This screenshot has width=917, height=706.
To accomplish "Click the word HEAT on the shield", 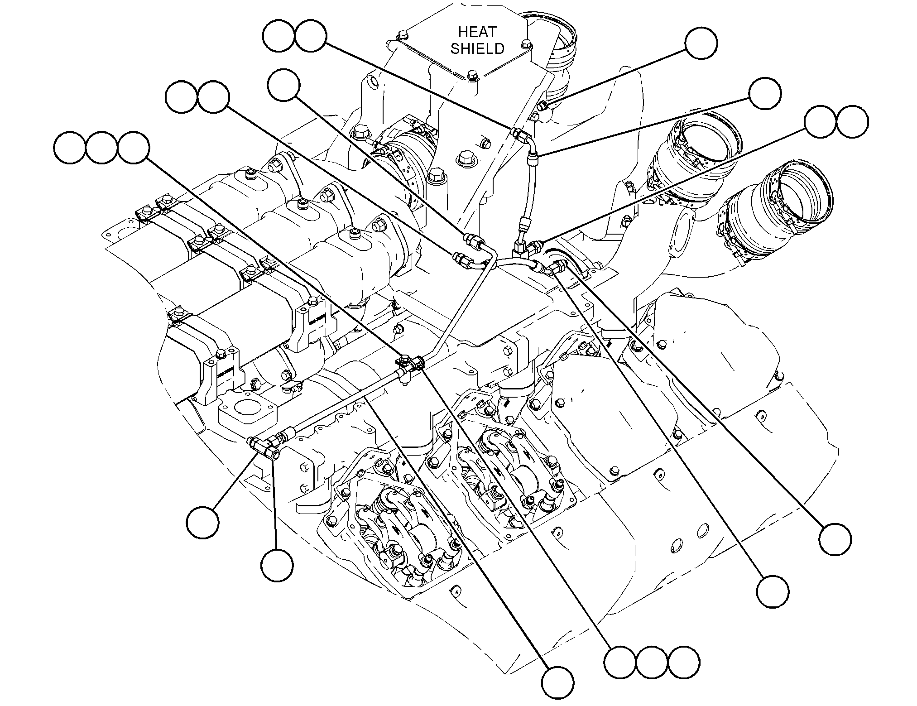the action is (x=477, y=32).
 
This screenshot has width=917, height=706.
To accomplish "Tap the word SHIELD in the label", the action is (x=477, y=48).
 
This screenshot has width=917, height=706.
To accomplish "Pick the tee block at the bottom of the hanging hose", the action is (x=521, y=249).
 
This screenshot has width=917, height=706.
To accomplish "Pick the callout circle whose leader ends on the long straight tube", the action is (x=558, y=682).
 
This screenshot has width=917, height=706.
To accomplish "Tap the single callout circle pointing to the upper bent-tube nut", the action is (x=283, y=85).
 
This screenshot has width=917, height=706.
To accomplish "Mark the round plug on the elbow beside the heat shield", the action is (x=543, y=106).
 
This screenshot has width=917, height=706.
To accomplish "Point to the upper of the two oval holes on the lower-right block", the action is (x=703, y=529).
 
